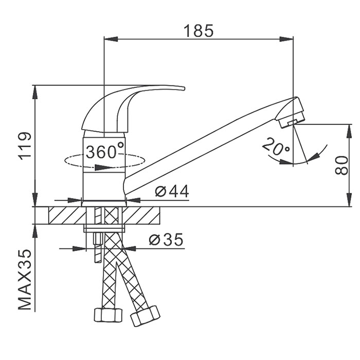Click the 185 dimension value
point(199,31)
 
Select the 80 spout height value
point(341,165)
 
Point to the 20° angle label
point(276,147)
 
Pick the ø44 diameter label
point(172,191)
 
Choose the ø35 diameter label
point(167,240)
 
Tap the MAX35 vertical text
point(25,280)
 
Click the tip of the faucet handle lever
point(184,88)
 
